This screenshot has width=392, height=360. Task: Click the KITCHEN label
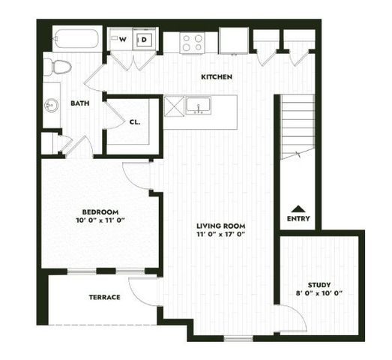click(x=217, y=77)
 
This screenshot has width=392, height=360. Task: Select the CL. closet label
click(x=135, y=121)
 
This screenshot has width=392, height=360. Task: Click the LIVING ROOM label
click(x=221, y=226)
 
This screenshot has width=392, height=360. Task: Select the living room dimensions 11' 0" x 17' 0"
click(x=221, y=235)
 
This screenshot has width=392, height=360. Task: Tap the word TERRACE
click(x=105, y=297)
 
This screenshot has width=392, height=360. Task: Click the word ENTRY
click(x=298, y=219)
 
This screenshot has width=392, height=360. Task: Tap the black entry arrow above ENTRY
click(x=298, y=209)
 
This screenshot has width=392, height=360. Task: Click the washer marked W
click(x=121, y=40)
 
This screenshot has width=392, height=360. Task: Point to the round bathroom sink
click(x=52, y=106)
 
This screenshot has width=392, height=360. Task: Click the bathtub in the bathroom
click(x=76, y=39)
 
